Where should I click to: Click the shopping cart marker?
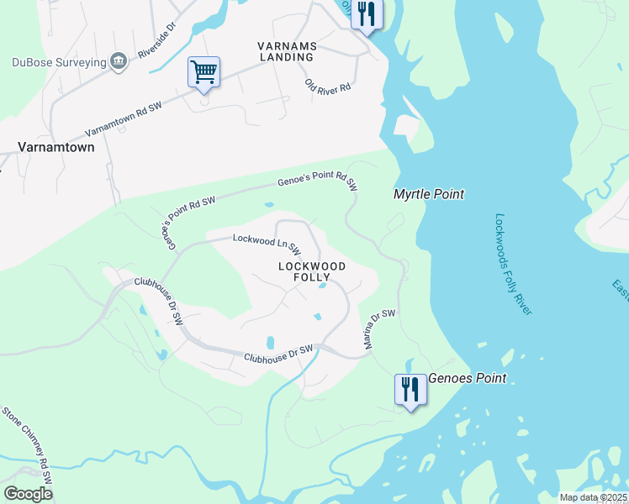pyautogui.click(x=204, y=72)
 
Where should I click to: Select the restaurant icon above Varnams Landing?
pyautogui.click(x=366, y=14)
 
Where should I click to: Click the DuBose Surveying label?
pyautogui.click(x=59, y=61)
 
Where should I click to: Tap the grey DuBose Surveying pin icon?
pyautogui.click(x=119, y=60)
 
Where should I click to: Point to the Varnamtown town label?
pyautogui.click(x=56, y=146)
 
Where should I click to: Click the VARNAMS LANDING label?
pyautogui.click(x=286, y=50)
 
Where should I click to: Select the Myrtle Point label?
pyautogui.click(x=429, y=194)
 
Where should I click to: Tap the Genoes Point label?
pyautogui.click(x=468, y=378)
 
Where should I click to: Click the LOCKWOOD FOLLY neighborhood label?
pyautogui.click(x=312, y=270)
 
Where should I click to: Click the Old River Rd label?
pyautogui.click(x=328, y=87)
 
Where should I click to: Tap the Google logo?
pyautogui.click(x=28, y=494)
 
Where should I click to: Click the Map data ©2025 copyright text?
pyautogui.click(x=592, y=497)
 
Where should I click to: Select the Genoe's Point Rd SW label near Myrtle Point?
pyautogui.click(x=318, y=181)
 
